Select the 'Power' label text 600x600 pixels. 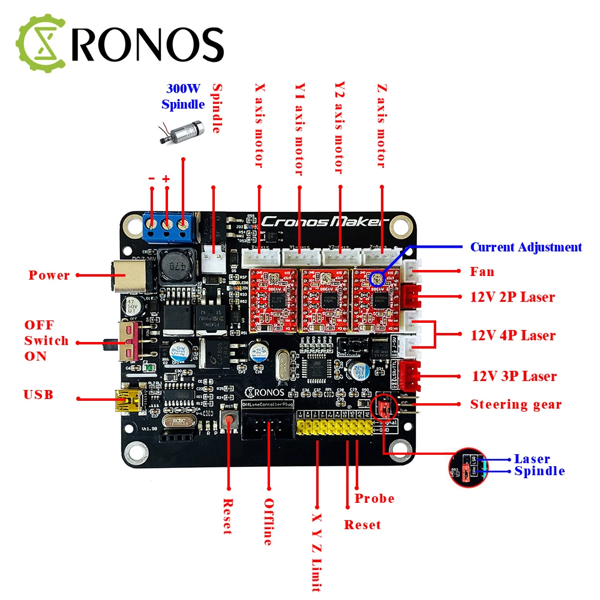49,275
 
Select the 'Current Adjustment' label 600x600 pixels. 526,247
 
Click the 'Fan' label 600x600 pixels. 482,272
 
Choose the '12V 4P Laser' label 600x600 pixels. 513,335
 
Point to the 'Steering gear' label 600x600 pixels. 515,404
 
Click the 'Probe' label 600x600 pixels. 374,499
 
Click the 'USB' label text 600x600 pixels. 38,395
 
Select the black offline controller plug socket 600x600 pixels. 265,428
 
